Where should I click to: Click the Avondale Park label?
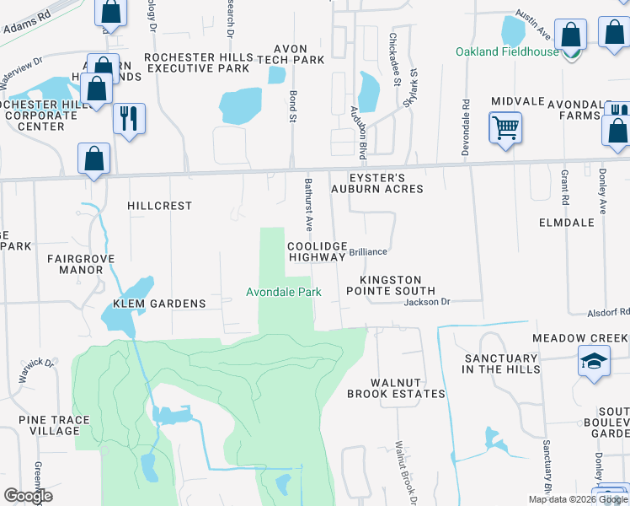[284, 293]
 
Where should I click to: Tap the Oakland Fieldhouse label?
[507, 51]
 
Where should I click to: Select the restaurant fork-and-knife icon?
[129, 118]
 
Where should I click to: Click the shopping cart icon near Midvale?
[505, 129]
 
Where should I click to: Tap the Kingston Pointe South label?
[391, 285]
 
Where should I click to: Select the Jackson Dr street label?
[428, 302]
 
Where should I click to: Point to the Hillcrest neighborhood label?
[159, 206]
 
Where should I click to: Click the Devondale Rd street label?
[465, 126]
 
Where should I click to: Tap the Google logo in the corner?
[28, 496]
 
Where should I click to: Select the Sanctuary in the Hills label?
[500, 363]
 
